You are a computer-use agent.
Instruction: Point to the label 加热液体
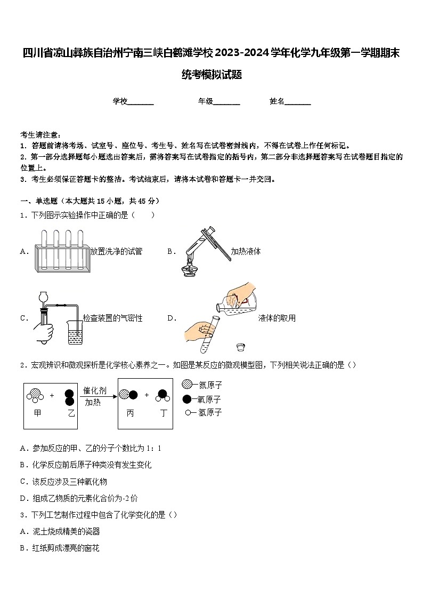pos(246,251)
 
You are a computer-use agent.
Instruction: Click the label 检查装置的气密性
pos(112,318)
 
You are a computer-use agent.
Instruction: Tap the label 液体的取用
pos(276,318)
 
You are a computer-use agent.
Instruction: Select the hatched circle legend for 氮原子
pos(186,385)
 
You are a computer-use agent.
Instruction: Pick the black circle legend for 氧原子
pos(186,399)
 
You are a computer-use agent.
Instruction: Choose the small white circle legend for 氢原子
pos(188,412)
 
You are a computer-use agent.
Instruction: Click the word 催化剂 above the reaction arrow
pos(95,391)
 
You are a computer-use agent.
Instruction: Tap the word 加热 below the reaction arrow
pos(93,403)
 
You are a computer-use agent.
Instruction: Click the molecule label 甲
pos(37,413)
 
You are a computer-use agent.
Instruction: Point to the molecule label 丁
pos(163,413)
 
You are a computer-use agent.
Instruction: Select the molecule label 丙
pos(130,413)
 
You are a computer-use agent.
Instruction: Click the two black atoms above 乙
pos(69,396)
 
